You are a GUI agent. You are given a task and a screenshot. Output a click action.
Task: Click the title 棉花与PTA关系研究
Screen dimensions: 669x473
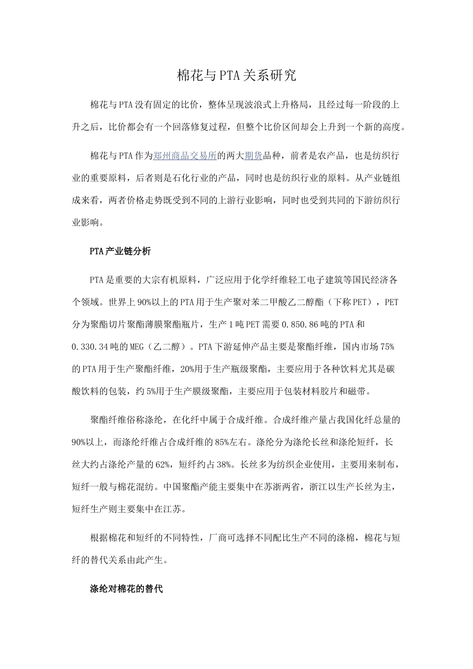pyautogui.click(x=236, y=76)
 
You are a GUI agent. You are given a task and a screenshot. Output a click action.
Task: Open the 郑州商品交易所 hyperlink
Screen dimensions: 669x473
pyautogui.click(x=185, y=156)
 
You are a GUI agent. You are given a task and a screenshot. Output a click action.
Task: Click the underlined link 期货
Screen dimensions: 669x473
pyautogui.click(x=253, y=156)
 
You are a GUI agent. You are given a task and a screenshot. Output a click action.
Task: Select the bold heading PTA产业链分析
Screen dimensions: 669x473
pyautogui.click(x=120, y=251)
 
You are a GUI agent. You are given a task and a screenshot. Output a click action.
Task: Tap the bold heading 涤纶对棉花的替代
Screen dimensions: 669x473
pyautogui.click(x=126, y=588)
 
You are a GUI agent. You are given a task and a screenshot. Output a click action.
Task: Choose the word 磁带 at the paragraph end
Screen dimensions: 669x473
pyautogui.click(x=358, y=391)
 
